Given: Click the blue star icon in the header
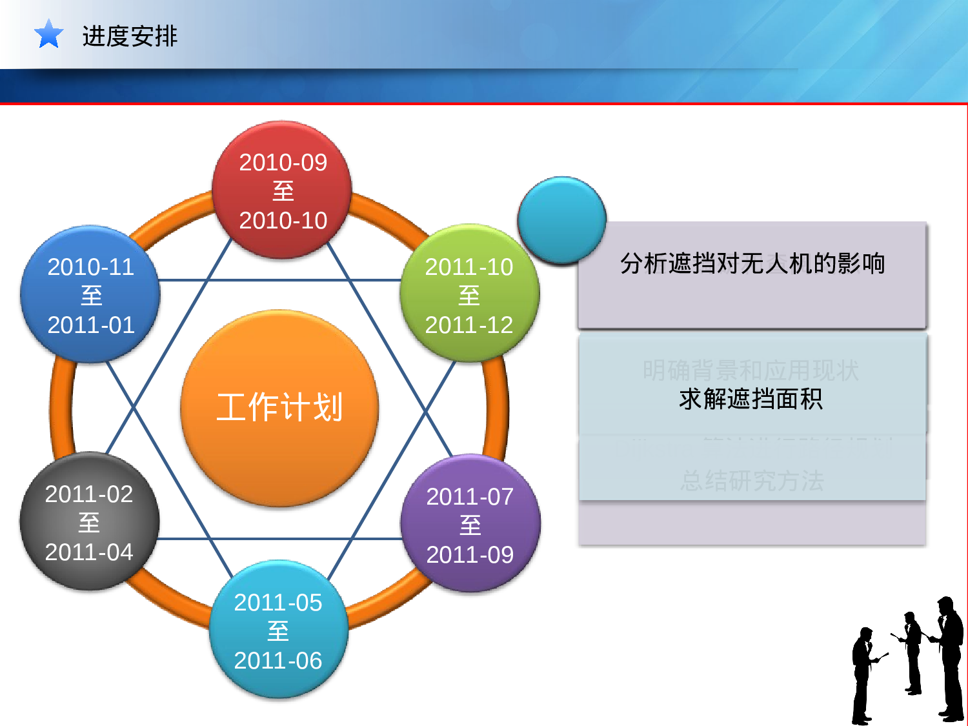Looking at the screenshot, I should [48, 34].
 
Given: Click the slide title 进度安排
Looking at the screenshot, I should [130, 36].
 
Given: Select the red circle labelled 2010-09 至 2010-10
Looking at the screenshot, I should [282, 190].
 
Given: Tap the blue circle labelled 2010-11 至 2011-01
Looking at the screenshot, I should [90, 295].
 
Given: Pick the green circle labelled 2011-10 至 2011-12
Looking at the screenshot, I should [469, 294].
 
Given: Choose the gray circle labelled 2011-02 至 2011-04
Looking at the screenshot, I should [89, 522].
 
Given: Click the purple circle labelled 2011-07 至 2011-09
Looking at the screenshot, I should [470, 525].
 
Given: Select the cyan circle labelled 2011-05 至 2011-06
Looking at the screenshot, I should [278, 630].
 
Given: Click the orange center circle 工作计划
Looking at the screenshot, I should [279, 408].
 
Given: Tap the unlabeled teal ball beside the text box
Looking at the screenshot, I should [561, 220].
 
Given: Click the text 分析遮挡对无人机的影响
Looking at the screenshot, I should [752, 263].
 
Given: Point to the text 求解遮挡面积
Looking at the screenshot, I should [751, 399].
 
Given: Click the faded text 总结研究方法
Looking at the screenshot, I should [752, 481].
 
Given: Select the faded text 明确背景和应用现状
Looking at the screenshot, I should [751, 370].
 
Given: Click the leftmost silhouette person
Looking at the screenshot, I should [863, 674].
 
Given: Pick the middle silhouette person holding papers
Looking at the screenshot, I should [912, 652].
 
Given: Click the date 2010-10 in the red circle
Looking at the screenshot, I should [283, 221].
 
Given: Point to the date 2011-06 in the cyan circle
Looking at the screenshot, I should [278, 660].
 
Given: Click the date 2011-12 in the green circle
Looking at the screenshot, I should [469, 325].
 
